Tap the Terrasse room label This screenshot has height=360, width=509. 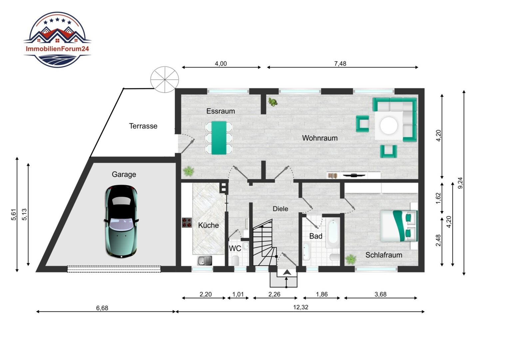coord(143,126)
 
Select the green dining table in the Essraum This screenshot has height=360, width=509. coord(219,138)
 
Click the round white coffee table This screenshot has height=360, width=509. coord(389,125)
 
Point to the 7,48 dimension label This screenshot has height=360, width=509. coord(340,64)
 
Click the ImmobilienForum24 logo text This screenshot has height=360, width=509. coord(57,49)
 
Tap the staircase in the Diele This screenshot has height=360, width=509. coord(265,243)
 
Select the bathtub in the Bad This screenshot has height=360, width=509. coord(333,234)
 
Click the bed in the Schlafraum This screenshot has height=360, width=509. coord(399,226)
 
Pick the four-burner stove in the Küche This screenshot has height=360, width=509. coord(187,223)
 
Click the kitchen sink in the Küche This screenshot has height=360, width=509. coord(205,261)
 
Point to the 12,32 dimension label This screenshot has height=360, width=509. coord(300,307)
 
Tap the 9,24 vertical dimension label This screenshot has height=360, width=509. coord(460,183)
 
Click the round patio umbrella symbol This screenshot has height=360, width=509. coord(165,80)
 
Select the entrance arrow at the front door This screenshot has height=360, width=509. coord(287,272)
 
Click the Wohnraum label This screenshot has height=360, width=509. coord(320,138)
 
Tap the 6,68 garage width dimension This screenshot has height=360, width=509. coord(102,308)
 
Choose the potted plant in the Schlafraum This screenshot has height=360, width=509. coord(351,259)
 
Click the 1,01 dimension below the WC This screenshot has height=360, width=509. coord(238,295)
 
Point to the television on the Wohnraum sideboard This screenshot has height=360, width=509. coord(354,175)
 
